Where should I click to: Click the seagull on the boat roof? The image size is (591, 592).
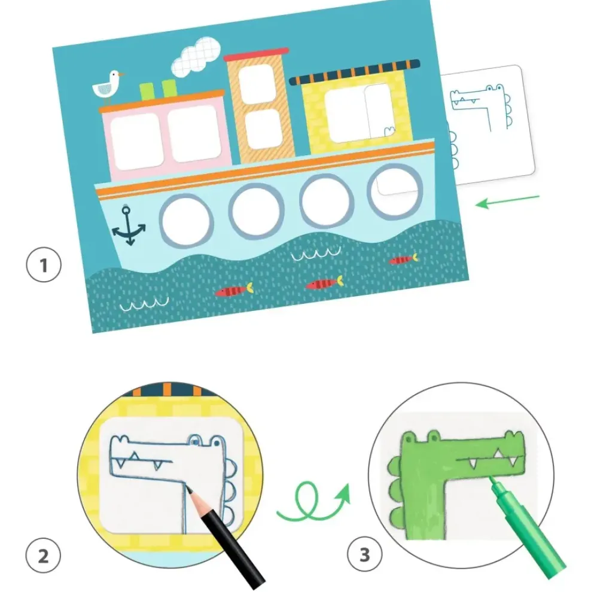point(107,87)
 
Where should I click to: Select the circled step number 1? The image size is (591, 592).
point(44,265)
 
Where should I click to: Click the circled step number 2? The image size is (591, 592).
point(43,556)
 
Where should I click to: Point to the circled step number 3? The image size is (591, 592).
point(364,554)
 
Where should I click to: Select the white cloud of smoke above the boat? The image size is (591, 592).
point(196,56)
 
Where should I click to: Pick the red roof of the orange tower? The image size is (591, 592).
point(257,54)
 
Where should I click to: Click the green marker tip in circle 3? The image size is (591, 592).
point(492,480)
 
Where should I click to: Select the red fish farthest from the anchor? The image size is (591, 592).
point(403,260)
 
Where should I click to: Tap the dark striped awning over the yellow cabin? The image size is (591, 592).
point(354,72)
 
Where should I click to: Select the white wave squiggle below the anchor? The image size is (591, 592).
point(144,304)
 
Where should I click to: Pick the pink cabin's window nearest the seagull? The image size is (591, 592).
point(136,141)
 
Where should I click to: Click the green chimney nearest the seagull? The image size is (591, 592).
point(147,91)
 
